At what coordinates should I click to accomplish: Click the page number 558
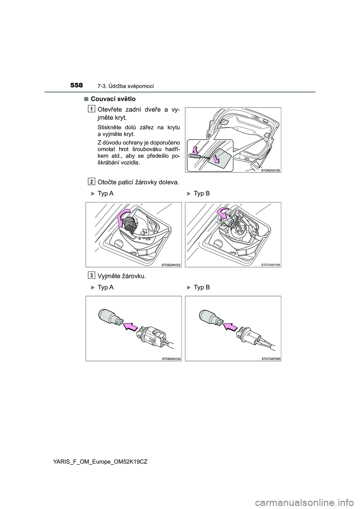(76, 85)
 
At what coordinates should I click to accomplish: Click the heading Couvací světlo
(113, 99)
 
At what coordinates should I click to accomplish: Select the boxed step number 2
(91, 181)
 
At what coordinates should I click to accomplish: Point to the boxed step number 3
(91, 275)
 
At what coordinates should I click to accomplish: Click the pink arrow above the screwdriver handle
(195, 150)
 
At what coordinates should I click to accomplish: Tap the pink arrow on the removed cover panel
(217, 159)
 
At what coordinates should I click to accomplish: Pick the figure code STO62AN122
(171, 265)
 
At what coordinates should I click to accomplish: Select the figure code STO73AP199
(270, 265)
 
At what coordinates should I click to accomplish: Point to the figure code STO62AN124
(171, 359)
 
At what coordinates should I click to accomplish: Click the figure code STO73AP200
(270, 359)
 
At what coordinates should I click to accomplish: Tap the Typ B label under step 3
(202, 287)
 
